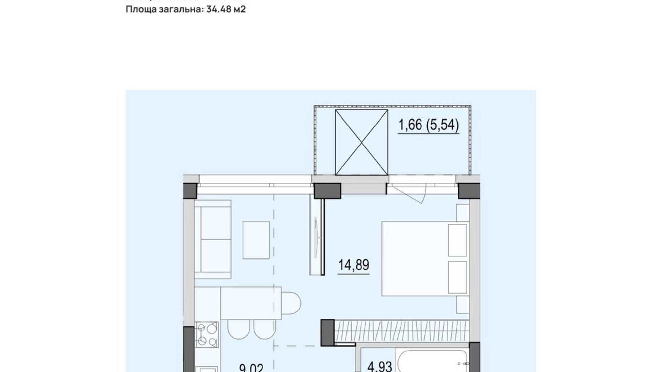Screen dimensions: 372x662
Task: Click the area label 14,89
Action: coord(354,265)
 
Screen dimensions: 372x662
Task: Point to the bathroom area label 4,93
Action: coord(380,366)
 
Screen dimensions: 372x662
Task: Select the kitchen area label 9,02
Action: coord(251,368)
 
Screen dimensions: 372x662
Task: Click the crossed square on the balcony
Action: coord(361,142)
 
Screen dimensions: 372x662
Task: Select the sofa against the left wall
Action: coord(213,239)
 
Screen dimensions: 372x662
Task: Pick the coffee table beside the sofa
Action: coord(256,240)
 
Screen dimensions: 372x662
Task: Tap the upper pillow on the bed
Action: coord(457,240)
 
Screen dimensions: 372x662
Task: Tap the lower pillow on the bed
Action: coord(457,277)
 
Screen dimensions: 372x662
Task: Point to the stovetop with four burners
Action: coord(207,334)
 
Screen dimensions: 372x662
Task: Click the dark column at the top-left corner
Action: coord(190,191)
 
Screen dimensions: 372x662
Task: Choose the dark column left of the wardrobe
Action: coord(327,332)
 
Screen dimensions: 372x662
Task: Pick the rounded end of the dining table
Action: coord(292,303)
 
